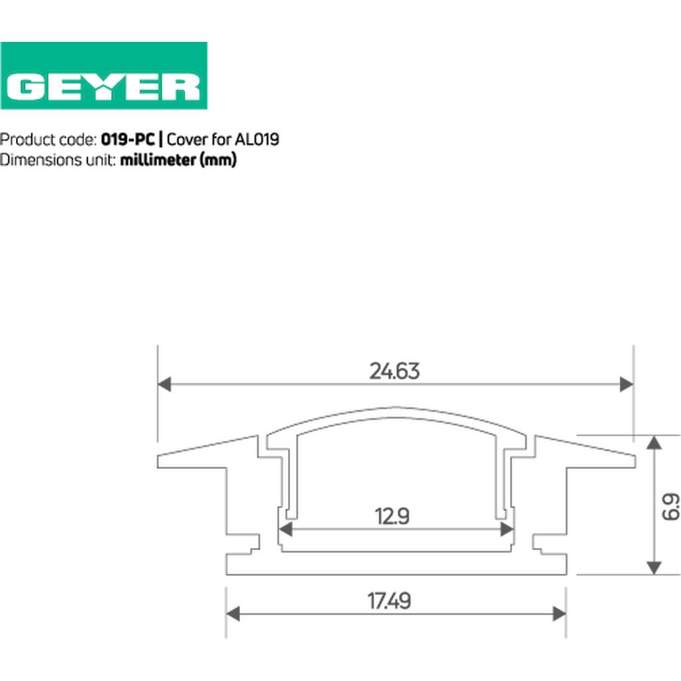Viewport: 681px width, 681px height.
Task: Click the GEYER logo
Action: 104,76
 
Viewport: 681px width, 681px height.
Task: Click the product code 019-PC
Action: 128,140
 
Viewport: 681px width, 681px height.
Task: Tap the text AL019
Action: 257,140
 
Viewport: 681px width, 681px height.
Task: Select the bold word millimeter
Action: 158,160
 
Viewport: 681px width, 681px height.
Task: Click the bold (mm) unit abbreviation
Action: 218,160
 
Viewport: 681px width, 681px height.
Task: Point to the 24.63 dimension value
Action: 394,371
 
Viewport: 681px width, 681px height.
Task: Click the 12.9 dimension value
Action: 392,516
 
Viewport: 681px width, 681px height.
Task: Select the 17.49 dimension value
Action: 389,601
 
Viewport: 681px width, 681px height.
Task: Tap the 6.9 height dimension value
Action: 671,506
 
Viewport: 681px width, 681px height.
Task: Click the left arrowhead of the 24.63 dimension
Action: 164,384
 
